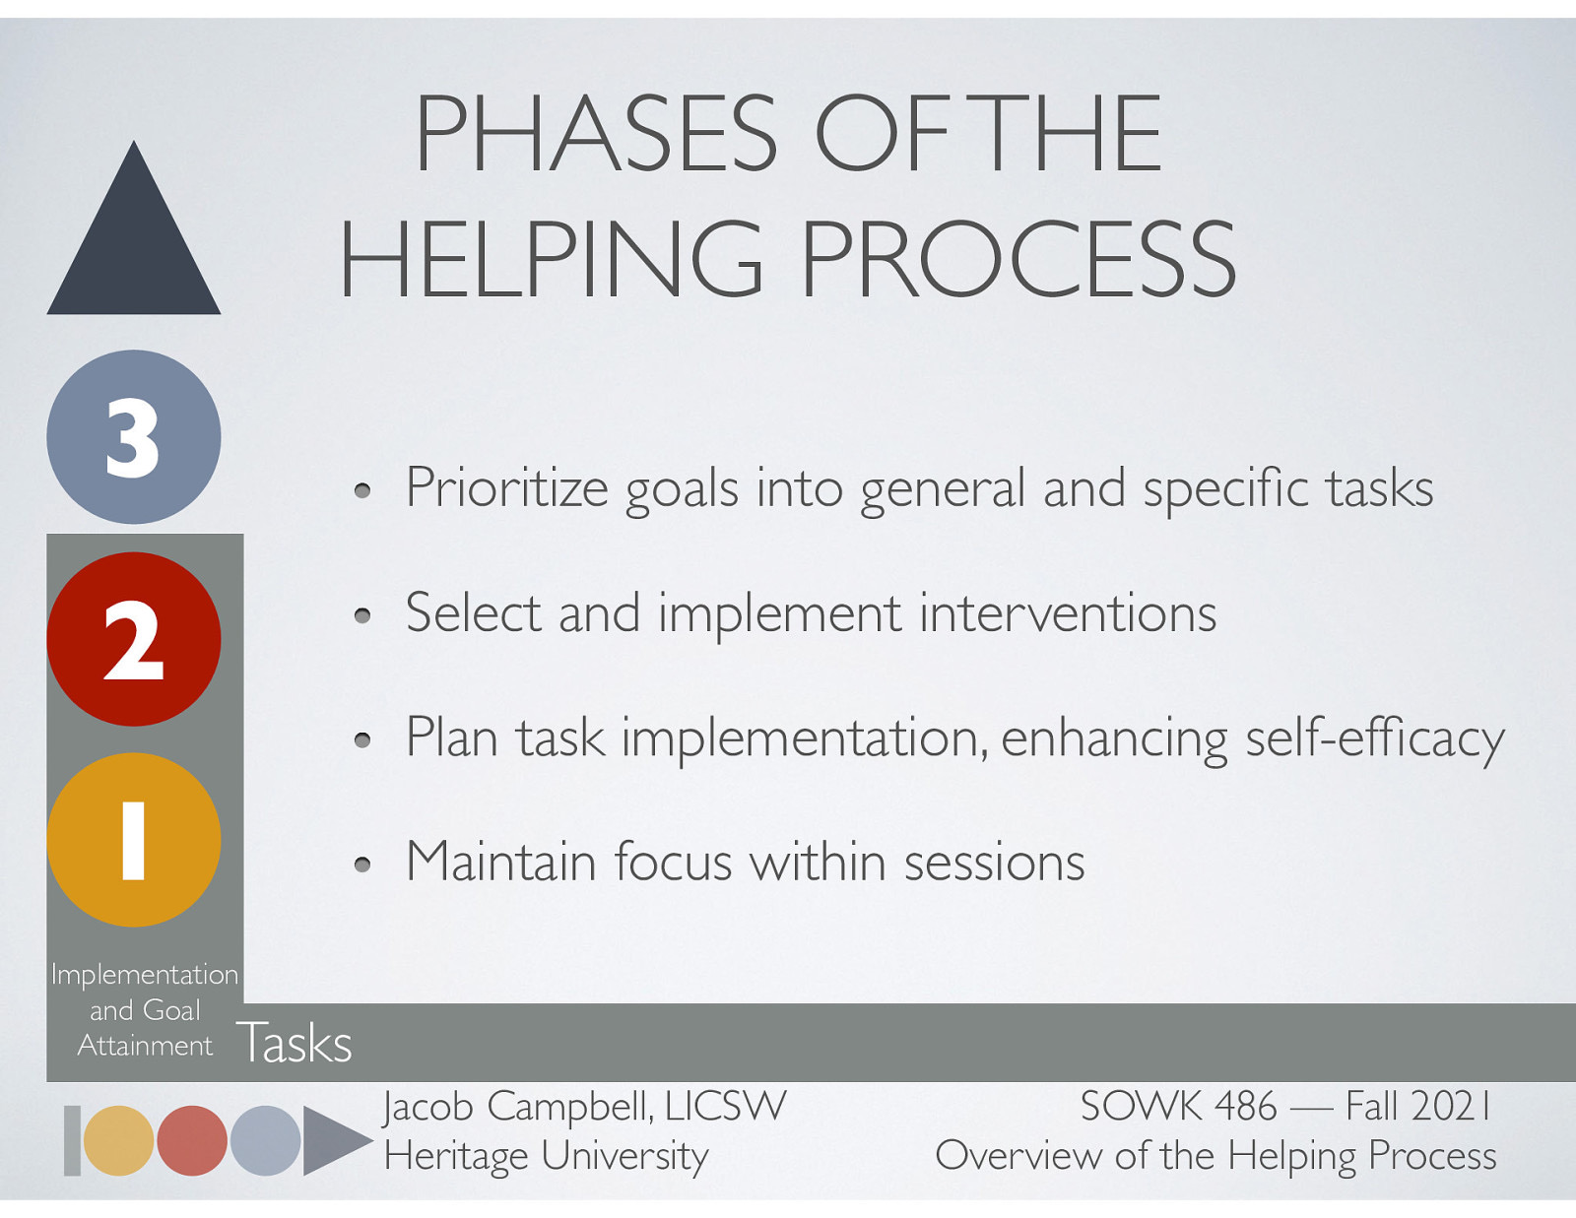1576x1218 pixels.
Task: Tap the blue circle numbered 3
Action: coord(133,437)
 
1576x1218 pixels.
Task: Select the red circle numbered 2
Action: coord(133,639)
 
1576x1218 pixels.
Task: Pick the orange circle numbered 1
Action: coord(133,840)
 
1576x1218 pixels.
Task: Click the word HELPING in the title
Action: coord(551,259)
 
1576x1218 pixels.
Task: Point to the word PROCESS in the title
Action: coord(1017,259)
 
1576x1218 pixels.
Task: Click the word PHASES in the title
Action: coord(595,134)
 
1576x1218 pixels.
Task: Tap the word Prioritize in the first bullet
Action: coord(506,488)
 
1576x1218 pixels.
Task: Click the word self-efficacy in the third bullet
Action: coord(1374,738)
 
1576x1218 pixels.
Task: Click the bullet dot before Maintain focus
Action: coord(362,865)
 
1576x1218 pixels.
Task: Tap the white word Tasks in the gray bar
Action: coord(294,1043)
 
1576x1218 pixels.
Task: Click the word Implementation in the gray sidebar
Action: coord(145,975)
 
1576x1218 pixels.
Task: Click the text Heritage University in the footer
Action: coord(546,1156)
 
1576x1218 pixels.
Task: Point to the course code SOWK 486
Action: coord(1178,1107)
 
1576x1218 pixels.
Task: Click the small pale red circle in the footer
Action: coord(192,1140)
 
